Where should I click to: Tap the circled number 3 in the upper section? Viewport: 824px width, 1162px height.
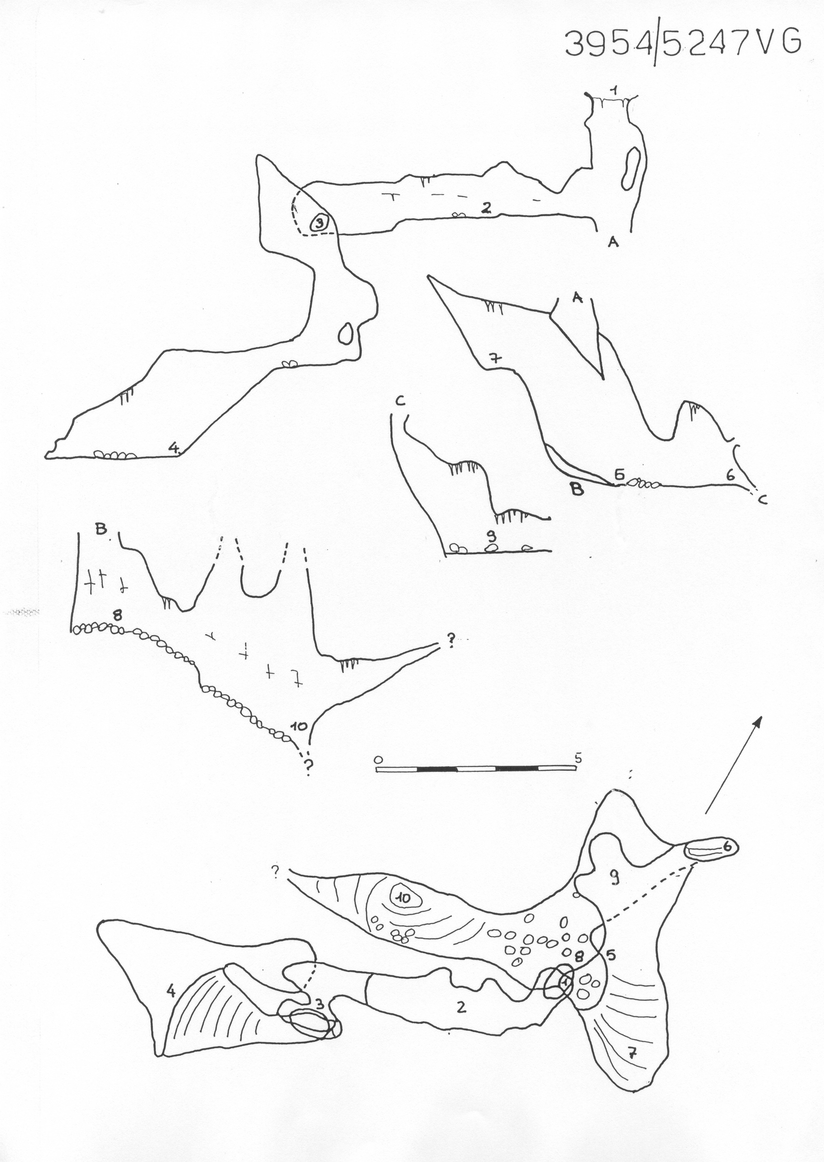[320, 222]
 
